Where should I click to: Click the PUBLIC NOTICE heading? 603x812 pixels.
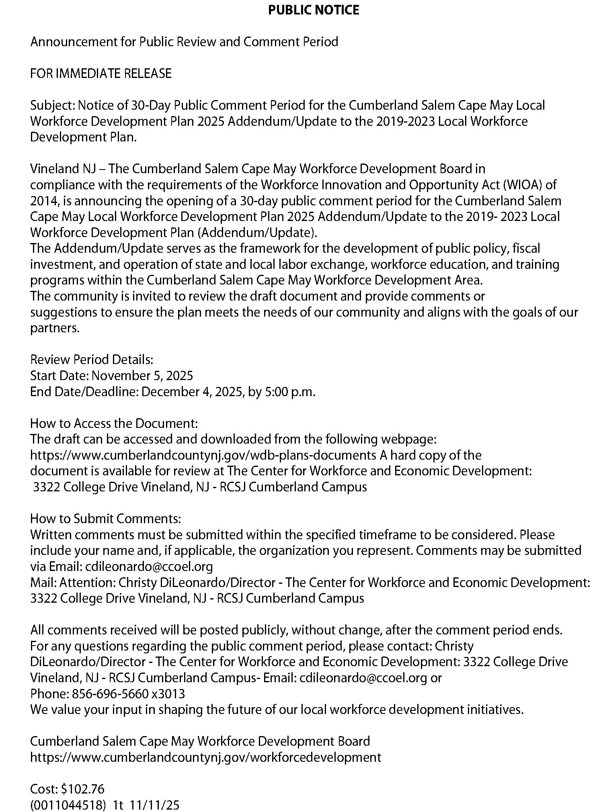(x=313, y=10)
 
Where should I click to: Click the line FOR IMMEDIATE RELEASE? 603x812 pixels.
(x=101, y=74)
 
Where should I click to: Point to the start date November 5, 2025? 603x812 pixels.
(x=142, y=376)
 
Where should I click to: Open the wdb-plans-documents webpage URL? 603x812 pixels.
(x=203, y=455)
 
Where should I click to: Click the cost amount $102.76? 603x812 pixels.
(x=82, y=789)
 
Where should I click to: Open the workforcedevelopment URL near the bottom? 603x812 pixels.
(x=205, y=757)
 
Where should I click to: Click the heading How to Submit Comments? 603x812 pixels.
(x=106, y=519)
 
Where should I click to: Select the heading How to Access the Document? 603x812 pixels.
(x=114, y=423)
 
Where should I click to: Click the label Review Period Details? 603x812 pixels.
(x=92, y=360)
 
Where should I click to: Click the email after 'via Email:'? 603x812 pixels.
(x=149, y=567)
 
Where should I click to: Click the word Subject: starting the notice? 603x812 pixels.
(x=52, y=105)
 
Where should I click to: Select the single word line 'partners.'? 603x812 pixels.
(x=55, y=328)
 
